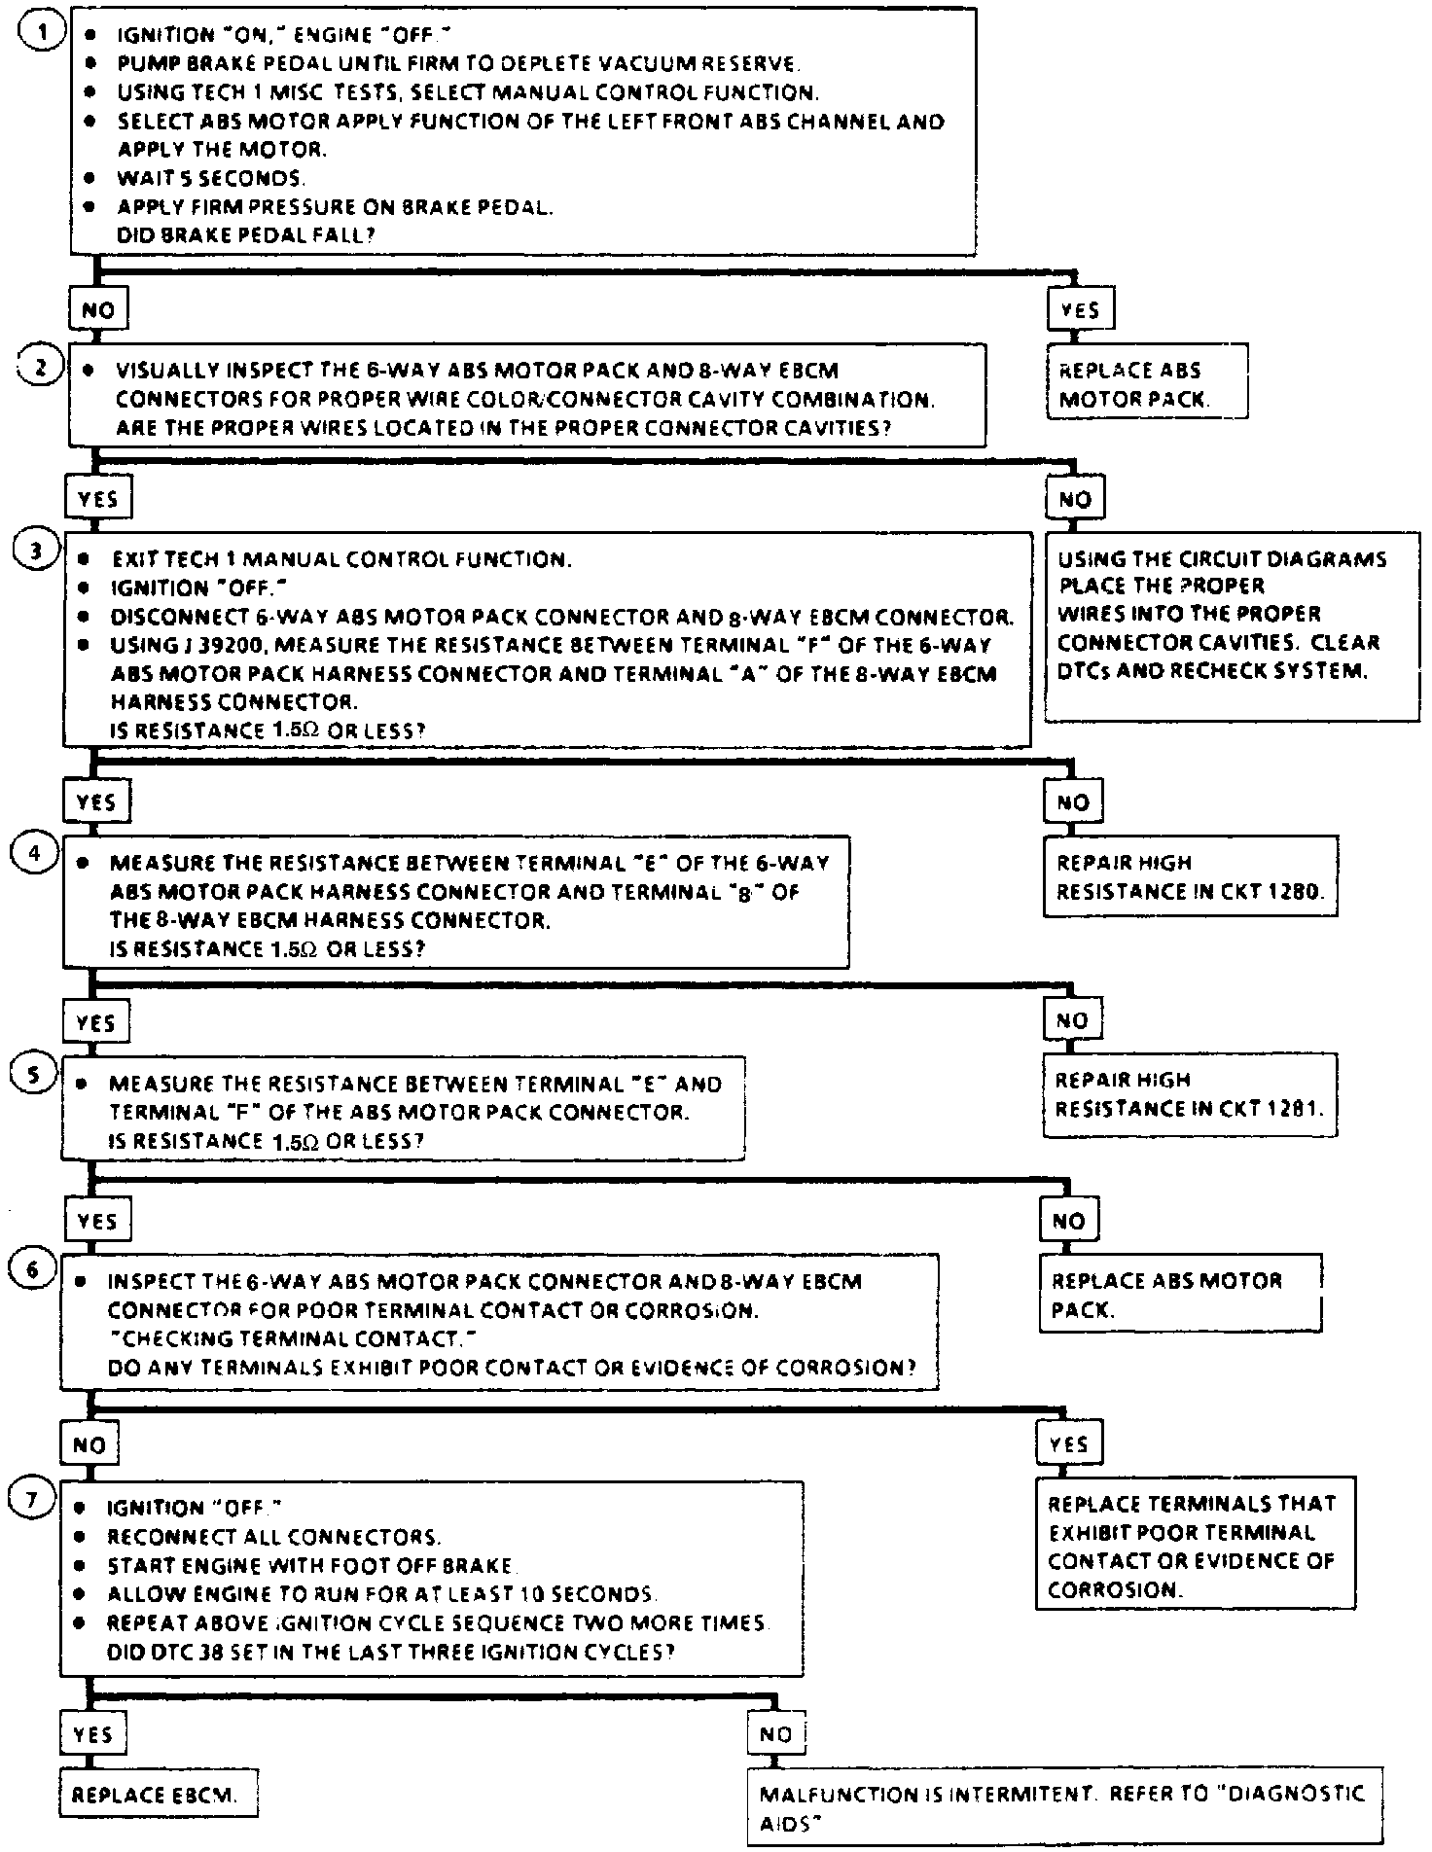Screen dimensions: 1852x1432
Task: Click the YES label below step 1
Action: click(x=1080, y=310)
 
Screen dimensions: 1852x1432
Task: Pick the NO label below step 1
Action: click(x=98, y=310)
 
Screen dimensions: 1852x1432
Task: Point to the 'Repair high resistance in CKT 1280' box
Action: click(x=1190, y=876)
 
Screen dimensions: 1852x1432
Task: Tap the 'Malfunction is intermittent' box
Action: click(x=1065, y=1806)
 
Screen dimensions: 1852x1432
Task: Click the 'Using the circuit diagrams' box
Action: click(x=1231, y=626)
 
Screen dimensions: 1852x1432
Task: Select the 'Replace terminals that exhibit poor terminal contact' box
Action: click(x=1195, y=1547)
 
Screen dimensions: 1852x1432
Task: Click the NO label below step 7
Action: click(x=775, y=1734)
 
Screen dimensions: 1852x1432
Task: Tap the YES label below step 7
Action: click(x=93, y=1734)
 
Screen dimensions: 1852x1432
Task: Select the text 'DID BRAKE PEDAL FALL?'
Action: click(x=246, y=235)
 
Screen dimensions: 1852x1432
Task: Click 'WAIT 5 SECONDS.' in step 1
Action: click(x=211, y=179)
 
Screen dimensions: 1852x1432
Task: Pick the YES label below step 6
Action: click(x=1068, y=1444)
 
